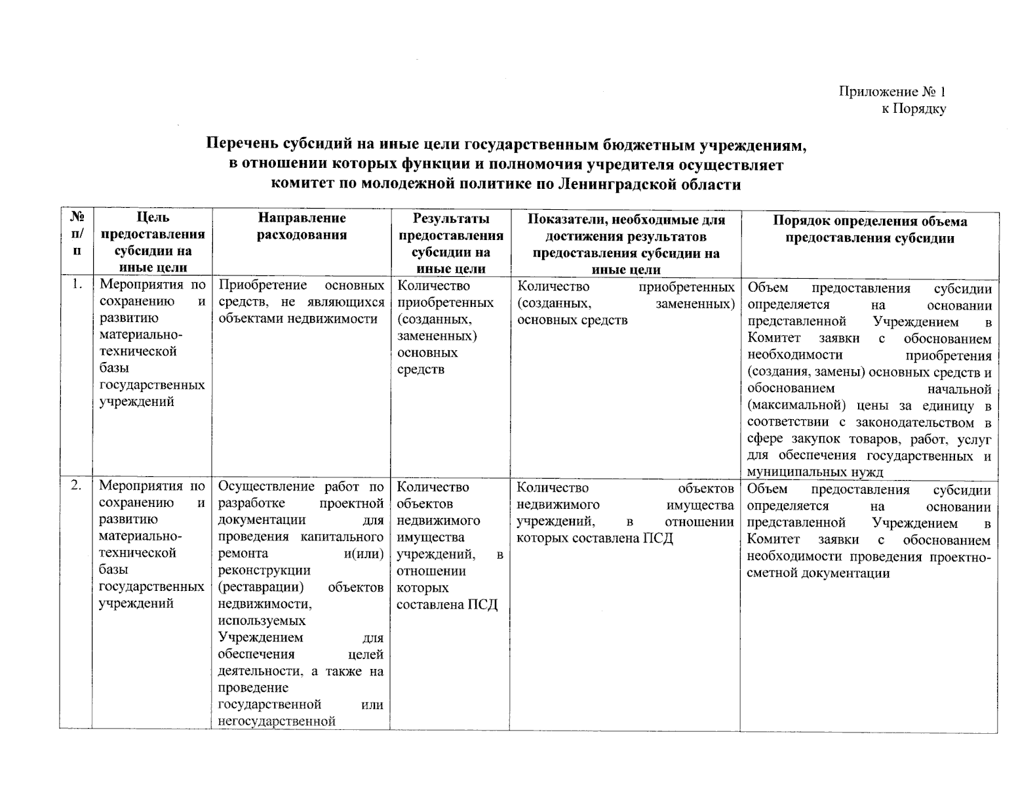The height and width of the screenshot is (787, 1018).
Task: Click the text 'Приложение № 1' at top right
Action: pos(892,92)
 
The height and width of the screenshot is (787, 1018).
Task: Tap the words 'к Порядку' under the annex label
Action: pos(913,109)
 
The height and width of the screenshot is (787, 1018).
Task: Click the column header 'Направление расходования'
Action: pos(302,226)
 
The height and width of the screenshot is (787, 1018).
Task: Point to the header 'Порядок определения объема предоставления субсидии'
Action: pos(870,230)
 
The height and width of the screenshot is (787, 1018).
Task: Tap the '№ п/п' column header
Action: pos(77,233)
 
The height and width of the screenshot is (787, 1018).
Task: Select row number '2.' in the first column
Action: pos(77,486)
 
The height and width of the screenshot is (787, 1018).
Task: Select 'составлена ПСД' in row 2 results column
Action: pos(447,605)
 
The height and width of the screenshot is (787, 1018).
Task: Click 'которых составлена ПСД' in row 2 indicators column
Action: pos(595,538)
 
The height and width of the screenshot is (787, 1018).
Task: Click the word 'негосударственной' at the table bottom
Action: pos(277,721)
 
